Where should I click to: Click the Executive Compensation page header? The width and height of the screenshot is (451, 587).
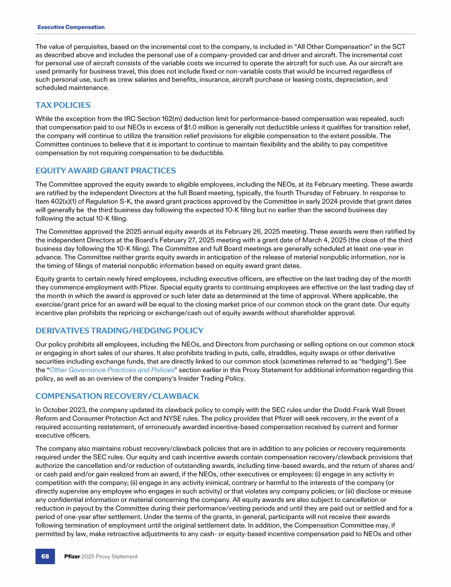tap(71, 27)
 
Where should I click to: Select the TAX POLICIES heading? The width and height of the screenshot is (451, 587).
tap(63, 105)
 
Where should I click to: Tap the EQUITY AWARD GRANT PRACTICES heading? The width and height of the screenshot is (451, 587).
tap(106, 171)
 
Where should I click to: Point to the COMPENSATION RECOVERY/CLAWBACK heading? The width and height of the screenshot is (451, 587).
tap(117, 396)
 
